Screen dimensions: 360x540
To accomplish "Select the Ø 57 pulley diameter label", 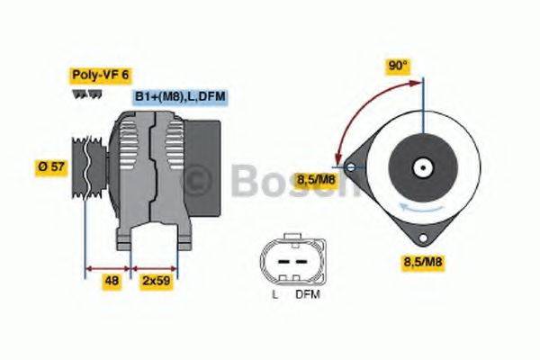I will tap(51, 166).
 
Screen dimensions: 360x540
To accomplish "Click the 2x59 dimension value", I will tap(156, 280).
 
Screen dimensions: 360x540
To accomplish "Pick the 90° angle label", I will tap(398, 66).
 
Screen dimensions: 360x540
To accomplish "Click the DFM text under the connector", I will tap(307, 294).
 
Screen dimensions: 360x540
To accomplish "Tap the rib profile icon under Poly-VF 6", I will tap(80, 93).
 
